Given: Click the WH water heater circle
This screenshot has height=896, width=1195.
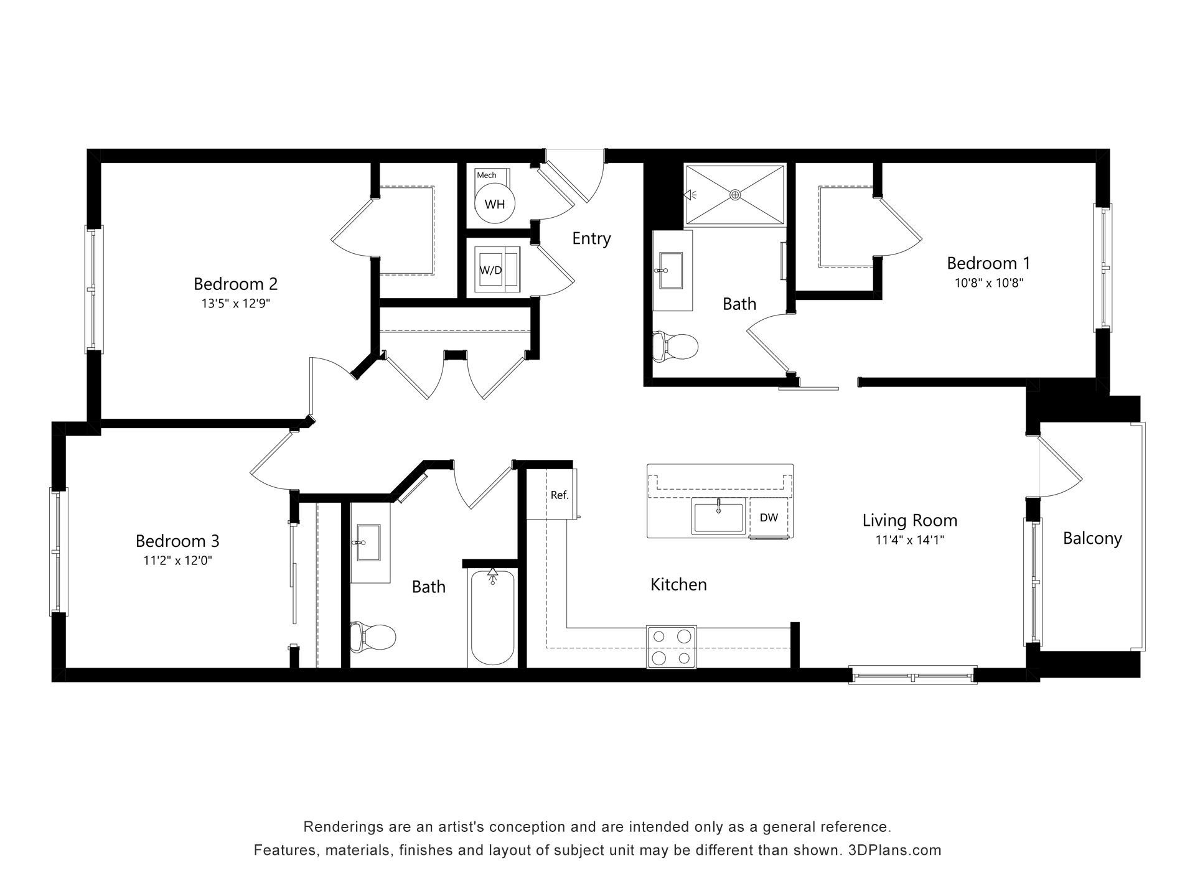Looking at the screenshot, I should pos(495,204).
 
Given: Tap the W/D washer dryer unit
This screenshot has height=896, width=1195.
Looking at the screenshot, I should pos(497,270).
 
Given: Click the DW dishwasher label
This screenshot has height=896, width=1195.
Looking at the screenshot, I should pos(769,518).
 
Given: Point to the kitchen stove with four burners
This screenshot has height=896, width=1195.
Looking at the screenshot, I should pos(672,647).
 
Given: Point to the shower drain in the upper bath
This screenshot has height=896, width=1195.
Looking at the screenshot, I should pos(736,195).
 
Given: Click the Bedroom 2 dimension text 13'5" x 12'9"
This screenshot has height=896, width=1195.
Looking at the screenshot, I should pos(235,304).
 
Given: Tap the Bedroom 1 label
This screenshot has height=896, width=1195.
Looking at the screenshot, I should pos(988,263).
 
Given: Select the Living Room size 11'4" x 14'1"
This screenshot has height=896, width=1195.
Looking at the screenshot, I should pos(910,540).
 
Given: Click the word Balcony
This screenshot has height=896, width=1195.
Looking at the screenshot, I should pos(1092,538).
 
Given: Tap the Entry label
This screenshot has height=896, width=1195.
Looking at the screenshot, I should pos(591,238).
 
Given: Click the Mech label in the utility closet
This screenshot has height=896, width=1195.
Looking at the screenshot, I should pos(487,175).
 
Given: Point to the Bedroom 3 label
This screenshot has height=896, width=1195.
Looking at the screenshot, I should pos(177,540).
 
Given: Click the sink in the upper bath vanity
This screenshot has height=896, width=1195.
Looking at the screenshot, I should pos(670,270).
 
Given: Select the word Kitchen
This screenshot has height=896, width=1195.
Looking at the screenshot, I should pos(678,584).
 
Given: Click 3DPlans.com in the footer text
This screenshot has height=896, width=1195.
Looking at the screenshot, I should pos(894,850).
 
